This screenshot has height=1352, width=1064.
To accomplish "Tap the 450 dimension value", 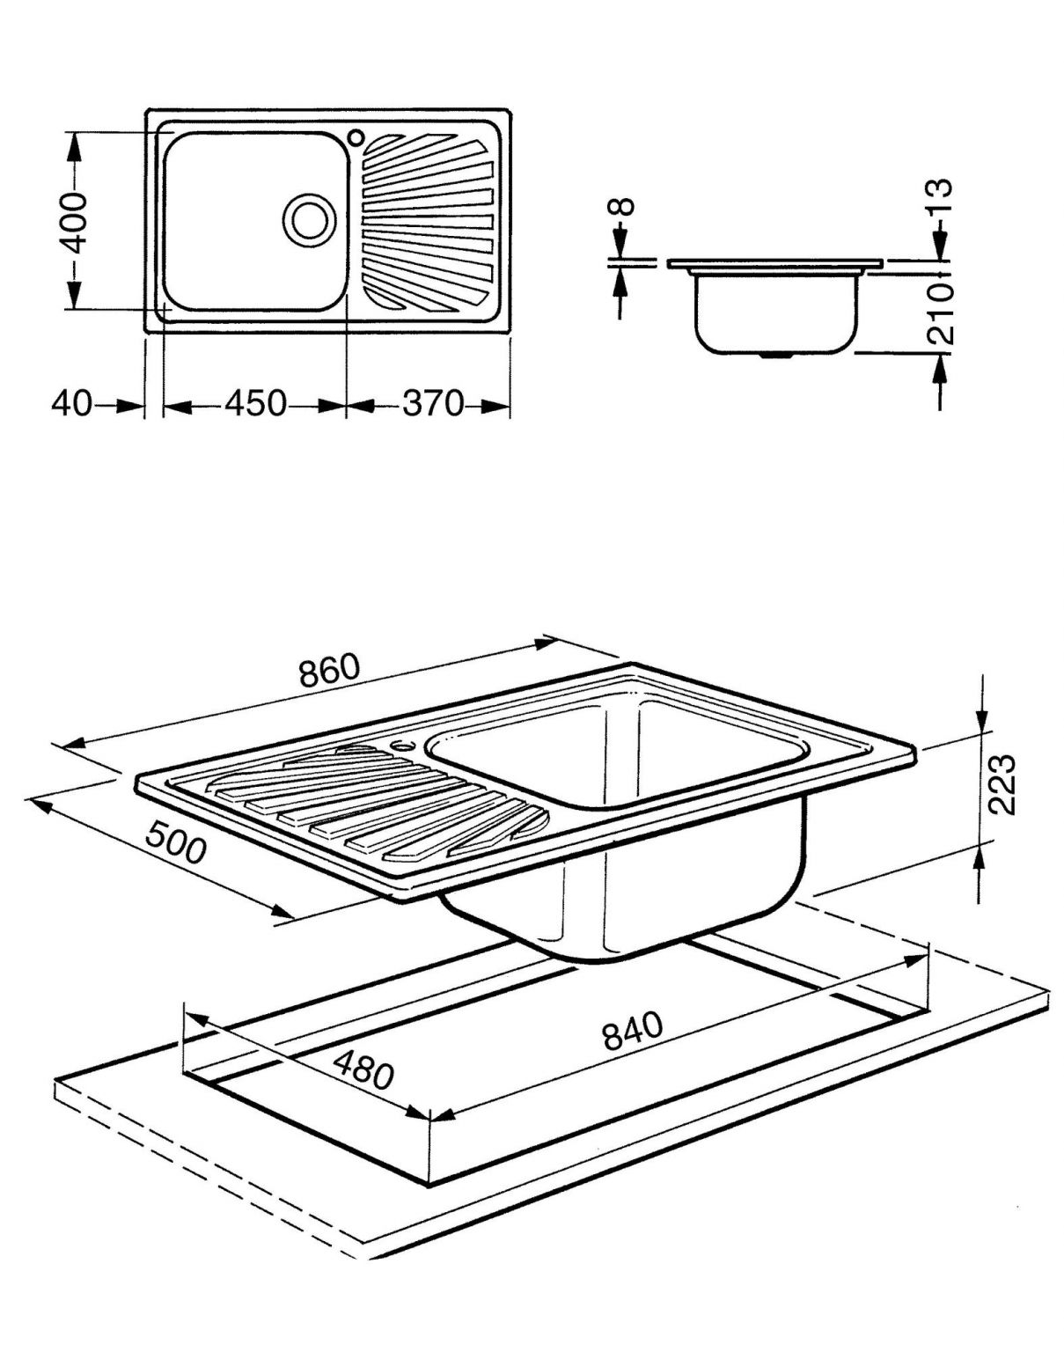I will (255, 404).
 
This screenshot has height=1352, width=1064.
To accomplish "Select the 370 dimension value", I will (432, 404).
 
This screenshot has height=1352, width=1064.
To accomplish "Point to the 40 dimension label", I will (70, 404).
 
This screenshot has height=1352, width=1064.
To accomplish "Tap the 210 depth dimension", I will (941, 312).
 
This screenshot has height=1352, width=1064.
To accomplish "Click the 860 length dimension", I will (330, 671).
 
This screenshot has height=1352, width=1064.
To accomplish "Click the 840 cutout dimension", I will (632, 1032).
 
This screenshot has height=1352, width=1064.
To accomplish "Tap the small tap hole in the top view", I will (356, 137).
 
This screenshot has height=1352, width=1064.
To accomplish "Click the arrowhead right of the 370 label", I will (497, 406).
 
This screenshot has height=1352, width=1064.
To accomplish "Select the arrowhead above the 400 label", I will (74, 150).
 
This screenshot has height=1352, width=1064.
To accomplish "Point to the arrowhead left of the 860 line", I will (76, 743).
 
